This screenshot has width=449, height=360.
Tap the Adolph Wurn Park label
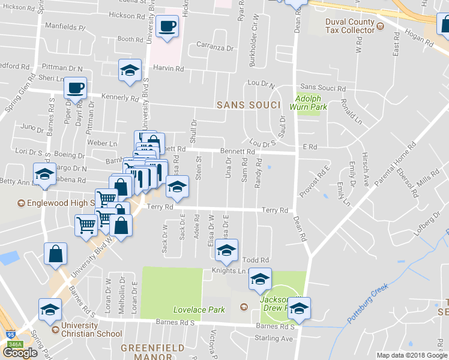pos(311,103)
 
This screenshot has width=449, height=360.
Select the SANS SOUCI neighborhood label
pos(249,105)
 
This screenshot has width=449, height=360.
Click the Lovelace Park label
pos(199,310)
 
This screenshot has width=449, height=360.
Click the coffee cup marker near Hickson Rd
pos(167,26)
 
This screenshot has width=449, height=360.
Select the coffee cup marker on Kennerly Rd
pos(76,88)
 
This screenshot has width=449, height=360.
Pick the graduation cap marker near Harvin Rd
pos(130,70)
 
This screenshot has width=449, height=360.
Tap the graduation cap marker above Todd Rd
pos(227,250)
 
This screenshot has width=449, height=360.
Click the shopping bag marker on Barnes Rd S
pos(55,253)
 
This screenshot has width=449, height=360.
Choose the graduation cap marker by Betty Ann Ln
pos(44,174)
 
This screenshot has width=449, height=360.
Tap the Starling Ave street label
pos(275,338)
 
